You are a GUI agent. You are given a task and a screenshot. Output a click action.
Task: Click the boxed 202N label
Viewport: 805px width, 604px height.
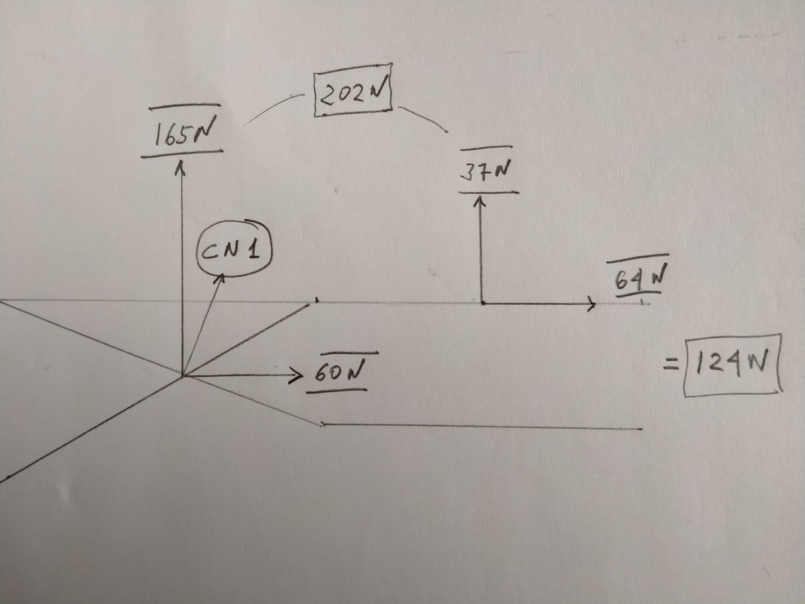(353, 96)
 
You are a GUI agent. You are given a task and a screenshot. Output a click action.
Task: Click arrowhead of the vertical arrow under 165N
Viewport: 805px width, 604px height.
(180, 167)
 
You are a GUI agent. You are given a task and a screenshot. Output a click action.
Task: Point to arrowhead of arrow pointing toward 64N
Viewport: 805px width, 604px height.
(591, 304)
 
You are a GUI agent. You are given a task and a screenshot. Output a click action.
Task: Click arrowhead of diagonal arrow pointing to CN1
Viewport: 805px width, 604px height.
(223, 278)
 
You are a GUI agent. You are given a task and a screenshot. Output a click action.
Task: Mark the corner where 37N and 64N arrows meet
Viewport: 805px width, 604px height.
(481, 304)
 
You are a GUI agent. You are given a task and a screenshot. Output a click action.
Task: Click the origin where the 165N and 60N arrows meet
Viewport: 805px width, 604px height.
(182, 375)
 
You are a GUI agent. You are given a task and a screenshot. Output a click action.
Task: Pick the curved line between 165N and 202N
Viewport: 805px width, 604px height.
(275, 106)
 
